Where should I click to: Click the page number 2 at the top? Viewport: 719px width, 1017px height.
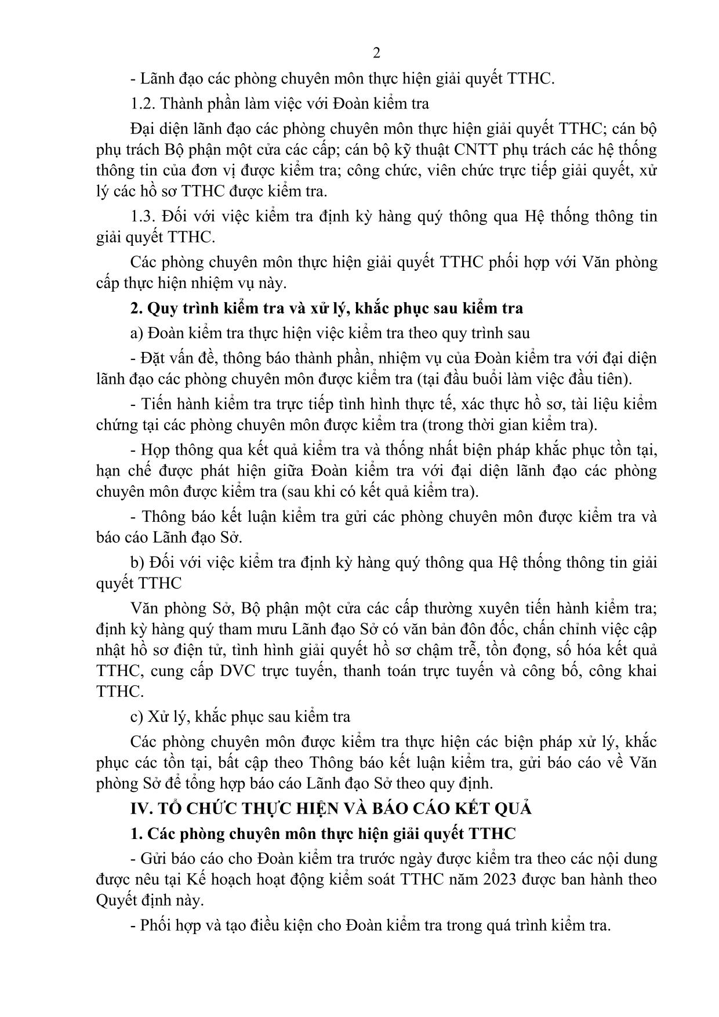376,53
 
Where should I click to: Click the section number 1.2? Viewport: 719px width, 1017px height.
143,104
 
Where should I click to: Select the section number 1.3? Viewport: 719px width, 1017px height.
143,216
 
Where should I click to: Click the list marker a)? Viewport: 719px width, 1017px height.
137,333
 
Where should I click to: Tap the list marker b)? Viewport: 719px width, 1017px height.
137,562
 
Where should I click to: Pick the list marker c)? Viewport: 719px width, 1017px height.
137,717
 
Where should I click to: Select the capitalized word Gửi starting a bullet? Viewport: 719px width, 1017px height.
154,859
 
